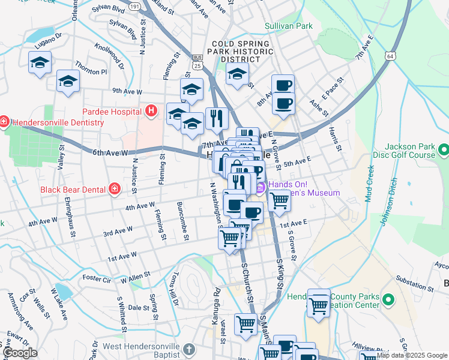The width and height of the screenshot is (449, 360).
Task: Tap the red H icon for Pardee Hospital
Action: (151, 111)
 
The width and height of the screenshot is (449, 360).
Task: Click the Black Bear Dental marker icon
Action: (114, 190)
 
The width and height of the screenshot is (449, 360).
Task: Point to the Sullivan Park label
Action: (289, 26)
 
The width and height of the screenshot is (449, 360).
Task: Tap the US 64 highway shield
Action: (390, 56)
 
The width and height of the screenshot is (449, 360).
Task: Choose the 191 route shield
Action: (134, 6)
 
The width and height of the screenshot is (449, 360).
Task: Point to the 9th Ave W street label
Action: (127, 92)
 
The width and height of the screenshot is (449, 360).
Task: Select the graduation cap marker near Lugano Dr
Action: (40, 62)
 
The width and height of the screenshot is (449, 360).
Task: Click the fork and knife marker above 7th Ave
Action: (217, 119)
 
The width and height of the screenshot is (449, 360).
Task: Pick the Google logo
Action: (20, 353)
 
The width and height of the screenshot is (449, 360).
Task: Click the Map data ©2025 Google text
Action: (411, 355)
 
